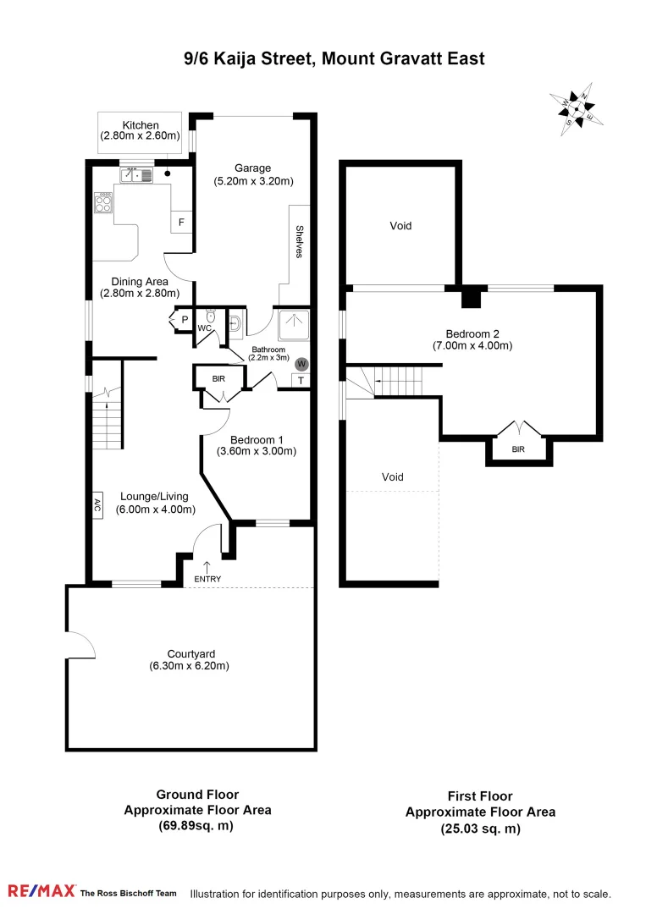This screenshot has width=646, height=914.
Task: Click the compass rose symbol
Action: (577, 110)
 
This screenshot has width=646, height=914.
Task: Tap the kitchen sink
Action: (135, 176)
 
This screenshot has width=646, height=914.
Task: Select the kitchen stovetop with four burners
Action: (103, 203)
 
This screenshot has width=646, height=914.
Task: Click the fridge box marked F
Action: (180, 223)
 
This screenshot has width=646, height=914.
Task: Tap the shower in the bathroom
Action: (292, 323)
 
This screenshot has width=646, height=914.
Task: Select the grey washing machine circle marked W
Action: (301, 364)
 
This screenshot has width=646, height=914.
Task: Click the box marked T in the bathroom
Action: (301, 381)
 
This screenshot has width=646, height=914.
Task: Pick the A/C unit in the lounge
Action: (97, 506)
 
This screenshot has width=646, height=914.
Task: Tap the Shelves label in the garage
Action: (300, 241)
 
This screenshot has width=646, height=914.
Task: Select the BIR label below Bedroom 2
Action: (518, 450)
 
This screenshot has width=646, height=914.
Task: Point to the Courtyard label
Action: (190, 653)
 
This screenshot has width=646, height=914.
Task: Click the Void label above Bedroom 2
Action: (400, 226)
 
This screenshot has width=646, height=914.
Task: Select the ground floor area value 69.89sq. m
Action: (197, 825)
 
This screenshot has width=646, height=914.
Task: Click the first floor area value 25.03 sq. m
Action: (480, 829)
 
